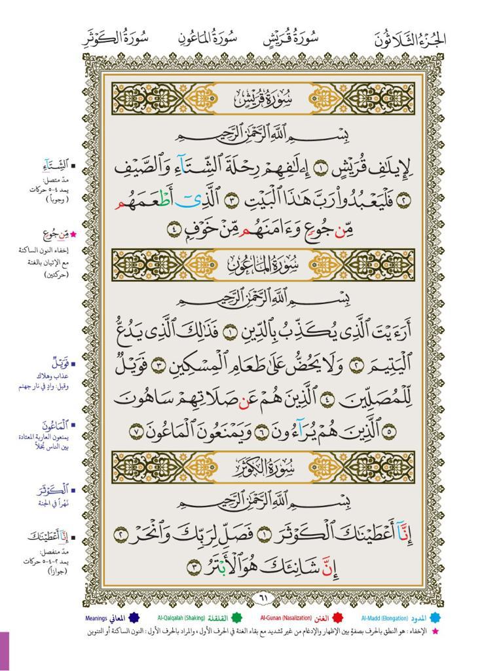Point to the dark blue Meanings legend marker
(x=134, y=617)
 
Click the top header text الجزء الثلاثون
(x=411, y=38)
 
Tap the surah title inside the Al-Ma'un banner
(x=264, y=264)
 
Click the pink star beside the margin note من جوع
(x=73, y=234)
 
